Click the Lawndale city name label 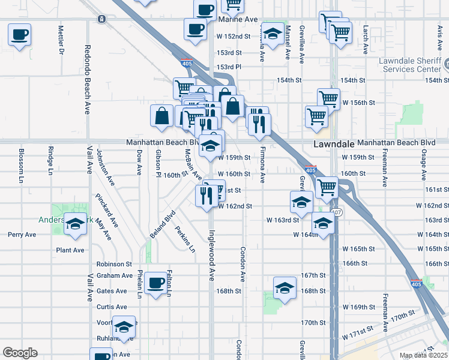[x=334, y=145]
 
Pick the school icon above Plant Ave [x=75, y=224]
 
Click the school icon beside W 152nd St [x=273, y=34]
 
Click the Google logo [x=20, y=352]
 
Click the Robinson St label [x=114, y=264]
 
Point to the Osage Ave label [x=423, y=166]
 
